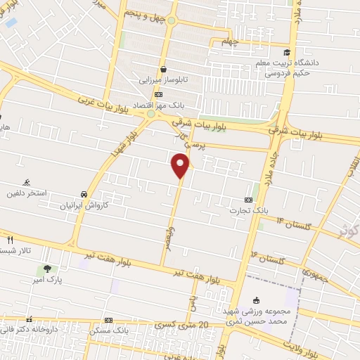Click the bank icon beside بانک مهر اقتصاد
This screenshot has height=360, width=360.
point(159,94)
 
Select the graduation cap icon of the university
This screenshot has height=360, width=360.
point(287,52)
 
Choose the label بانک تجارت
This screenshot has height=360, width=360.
point(249,210)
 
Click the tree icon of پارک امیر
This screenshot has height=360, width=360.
point(47,268)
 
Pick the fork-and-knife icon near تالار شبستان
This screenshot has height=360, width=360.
point(9,240)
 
